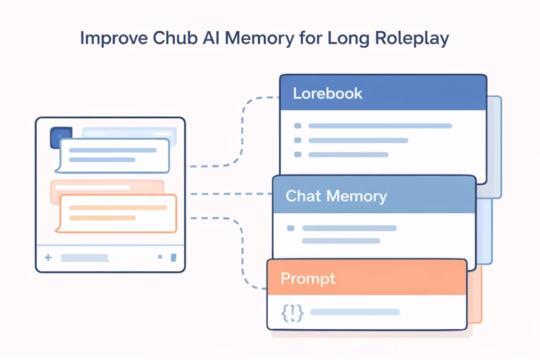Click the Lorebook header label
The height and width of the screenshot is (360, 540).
[327, 94]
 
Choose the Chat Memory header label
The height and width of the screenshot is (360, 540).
[336, 195]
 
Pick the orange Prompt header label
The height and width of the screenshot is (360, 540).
[308, 278]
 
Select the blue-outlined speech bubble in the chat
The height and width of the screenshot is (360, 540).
[114, 155]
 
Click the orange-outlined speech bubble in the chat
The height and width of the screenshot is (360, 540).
[116, 213]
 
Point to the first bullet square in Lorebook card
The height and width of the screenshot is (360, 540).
[297, 126]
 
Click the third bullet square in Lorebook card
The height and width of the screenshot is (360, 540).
[297, 154]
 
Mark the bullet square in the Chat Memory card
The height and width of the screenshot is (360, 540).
[291, 229]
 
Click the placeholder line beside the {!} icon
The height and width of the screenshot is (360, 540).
[355, 311]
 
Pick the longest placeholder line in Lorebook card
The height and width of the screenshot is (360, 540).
[380, 126]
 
